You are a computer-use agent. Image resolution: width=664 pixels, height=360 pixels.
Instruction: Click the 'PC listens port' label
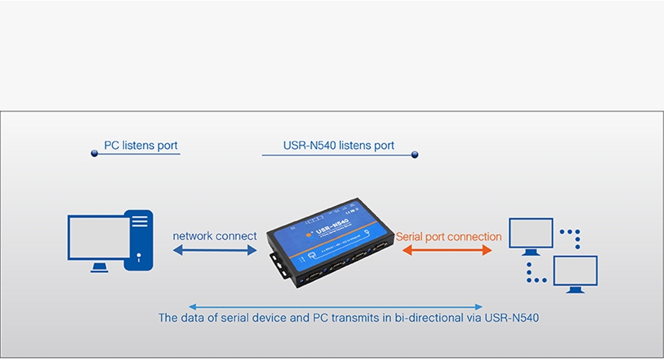coord(140,145)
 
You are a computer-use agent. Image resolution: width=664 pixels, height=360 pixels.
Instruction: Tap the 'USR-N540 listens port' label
coord(338,145)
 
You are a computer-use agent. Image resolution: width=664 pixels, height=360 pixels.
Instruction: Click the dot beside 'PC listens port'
coord(94,153)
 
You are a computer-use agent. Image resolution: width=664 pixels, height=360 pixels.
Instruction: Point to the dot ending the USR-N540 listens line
coord(415,155)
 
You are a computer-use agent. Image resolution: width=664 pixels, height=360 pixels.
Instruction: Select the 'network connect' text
coord(215,236)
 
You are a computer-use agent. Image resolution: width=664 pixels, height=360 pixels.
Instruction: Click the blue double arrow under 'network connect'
coord(215,251)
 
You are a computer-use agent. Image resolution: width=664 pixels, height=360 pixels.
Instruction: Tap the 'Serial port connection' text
coord(449,236)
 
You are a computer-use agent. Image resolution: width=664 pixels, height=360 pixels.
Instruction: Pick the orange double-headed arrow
coord(447,251)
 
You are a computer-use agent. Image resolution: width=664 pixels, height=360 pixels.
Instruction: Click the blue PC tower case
coord(138,240)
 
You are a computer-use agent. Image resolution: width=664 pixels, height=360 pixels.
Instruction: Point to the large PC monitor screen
coord(99,237)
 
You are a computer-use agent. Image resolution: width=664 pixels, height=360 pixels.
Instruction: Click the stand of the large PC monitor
coord(99,268)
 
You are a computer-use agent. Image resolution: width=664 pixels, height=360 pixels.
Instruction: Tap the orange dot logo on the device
coord(309,234)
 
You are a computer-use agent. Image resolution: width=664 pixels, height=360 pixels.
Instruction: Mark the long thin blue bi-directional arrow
coord(336,307)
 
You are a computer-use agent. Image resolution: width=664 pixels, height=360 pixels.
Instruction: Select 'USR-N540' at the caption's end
coord(511,318)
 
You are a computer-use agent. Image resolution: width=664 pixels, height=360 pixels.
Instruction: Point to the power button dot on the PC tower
coord(138,256)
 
